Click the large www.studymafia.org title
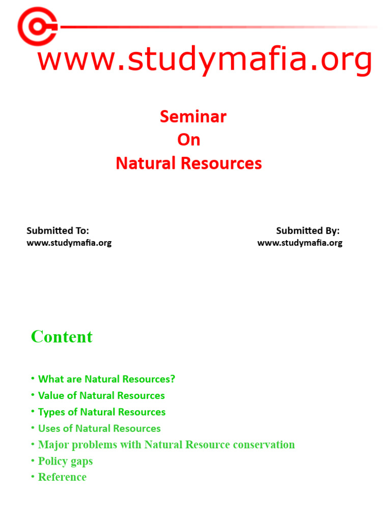[205, 60]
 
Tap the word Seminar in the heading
[193, 117]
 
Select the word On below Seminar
[188, 140]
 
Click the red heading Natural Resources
[188, 163]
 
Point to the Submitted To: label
[58, 230]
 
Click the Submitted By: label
[308, 230]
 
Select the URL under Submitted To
[69, 243]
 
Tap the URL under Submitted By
[300, 243]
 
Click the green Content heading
[62, 337]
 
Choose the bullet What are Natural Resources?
[106, 379]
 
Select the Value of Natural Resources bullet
[101, 395]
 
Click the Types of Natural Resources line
[102, 412]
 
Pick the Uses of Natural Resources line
[99, 428]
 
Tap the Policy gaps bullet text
[65, 461]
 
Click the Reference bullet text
[62, 477]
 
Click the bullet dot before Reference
[33, 477]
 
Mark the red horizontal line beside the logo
[214, 26]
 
